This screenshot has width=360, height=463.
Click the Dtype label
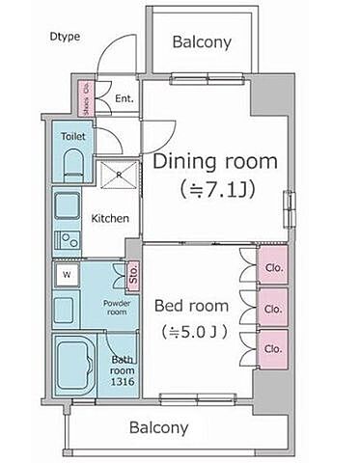pyautogui.click(x=65, y=37)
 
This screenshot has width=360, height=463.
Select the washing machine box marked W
pyautogui.click(x=67, y=275)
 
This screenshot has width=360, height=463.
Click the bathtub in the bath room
pyautogui.click(x=75, y=366)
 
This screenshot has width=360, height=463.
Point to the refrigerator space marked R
pyautogui.click(x=119, y=176)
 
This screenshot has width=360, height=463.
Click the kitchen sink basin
pyautogui.click(x=67, y=205)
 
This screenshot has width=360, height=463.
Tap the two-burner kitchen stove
pyautogui.click(x=68, y=240)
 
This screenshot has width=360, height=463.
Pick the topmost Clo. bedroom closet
pyautogui.click(x=273, y=265)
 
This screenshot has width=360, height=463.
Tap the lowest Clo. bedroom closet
pyautogui.click(x=273, y=349)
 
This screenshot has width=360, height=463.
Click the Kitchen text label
pyautogui.click(x=110, y=219)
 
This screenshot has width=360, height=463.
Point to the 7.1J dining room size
pyautogui.click(x=218, y=190)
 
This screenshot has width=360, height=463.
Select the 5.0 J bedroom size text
pyautogui.click(x=195, y=332)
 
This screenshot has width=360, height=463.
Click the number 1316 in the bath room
pyautogui.click(x=123, y=382)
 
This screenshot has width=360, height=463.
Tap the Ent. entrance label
pyautogui.click(x=125, y=98)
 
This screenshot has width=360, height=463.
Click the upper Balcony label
pyautogui.click(x=202, y=42)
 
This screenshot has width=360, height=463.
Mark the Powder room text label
pyautogui.click(x=117, y=308)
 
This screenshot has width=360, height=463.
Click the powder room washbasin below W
pyautogui.click(x=65, y=310)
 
